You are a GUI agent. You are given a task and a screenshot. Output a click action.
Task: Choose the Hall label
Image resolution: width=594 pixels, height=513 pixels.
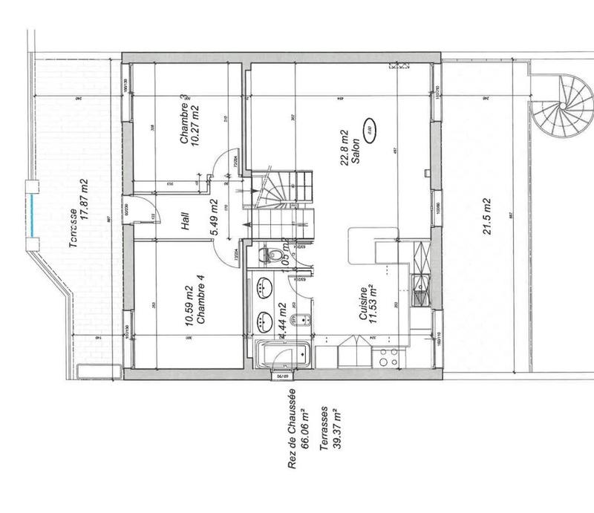185,221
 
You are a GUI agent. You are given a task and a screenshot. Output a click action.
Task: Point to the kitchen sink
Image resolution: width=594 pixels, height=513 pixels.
421,283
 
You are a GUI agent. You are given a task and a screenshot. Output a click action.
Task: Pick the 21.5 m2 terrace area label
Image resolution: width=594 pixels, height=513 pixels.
486,215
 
